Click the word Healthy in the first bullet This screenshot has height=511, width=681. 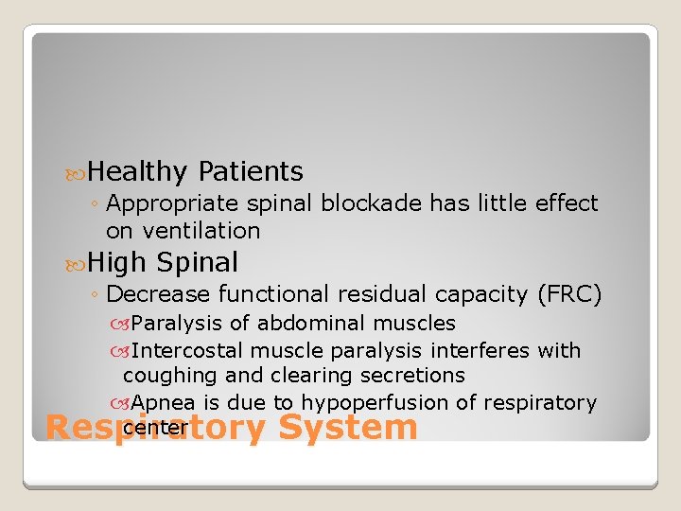[x=140, y=172]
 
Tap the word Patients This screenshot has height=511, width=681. [x=251, y=172]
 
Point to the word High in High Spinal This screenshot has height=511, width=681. [x=118, y=262]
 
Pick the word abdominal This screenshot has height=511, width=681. [x=304, y=324]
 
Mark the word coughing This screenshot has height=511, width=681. [x=169, y=376]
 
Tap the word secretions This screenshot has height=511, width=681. [x=413, y=376]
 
